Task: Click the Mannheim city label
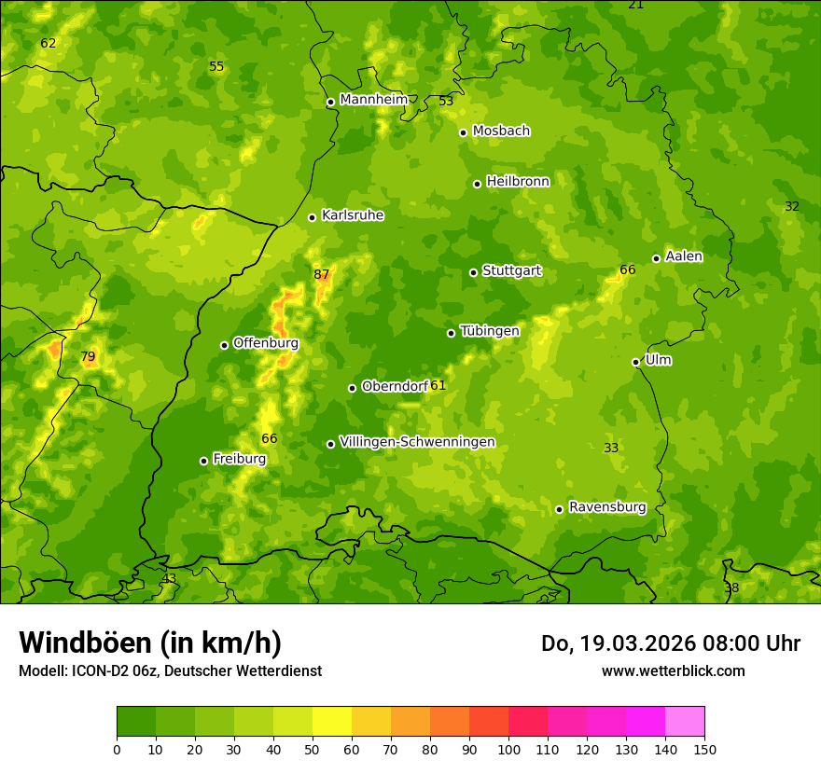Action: pos(373,100)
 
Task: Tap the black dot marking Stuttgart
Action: pos(473,272)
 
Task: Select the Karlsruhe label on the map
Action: pos(352,215)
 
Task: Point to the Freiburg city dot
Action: pos(203,461)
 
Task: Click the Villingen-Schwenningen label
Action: pos(417,442)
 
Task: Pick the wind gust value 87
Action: pos(322,274)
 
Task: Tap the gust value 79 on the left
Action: pos(88,356)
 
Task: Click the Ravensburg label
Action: pos(607,507)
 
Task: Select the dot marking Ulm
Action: pos(635,362)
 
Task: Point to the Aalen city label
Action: pos(684,256)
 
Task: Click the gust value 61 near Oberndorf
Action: pos(438,385)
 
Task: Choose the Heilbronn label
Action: pos(518,182)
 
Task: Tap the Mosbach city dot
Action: pos(463,132)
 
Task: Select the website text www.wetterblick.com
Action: pos(673,670)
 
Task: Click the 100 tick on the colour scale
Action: pos(508,748)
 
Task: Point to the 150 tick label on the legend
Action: pos(704,748)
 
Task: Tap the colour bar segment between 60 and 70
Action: pos(371,722)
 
